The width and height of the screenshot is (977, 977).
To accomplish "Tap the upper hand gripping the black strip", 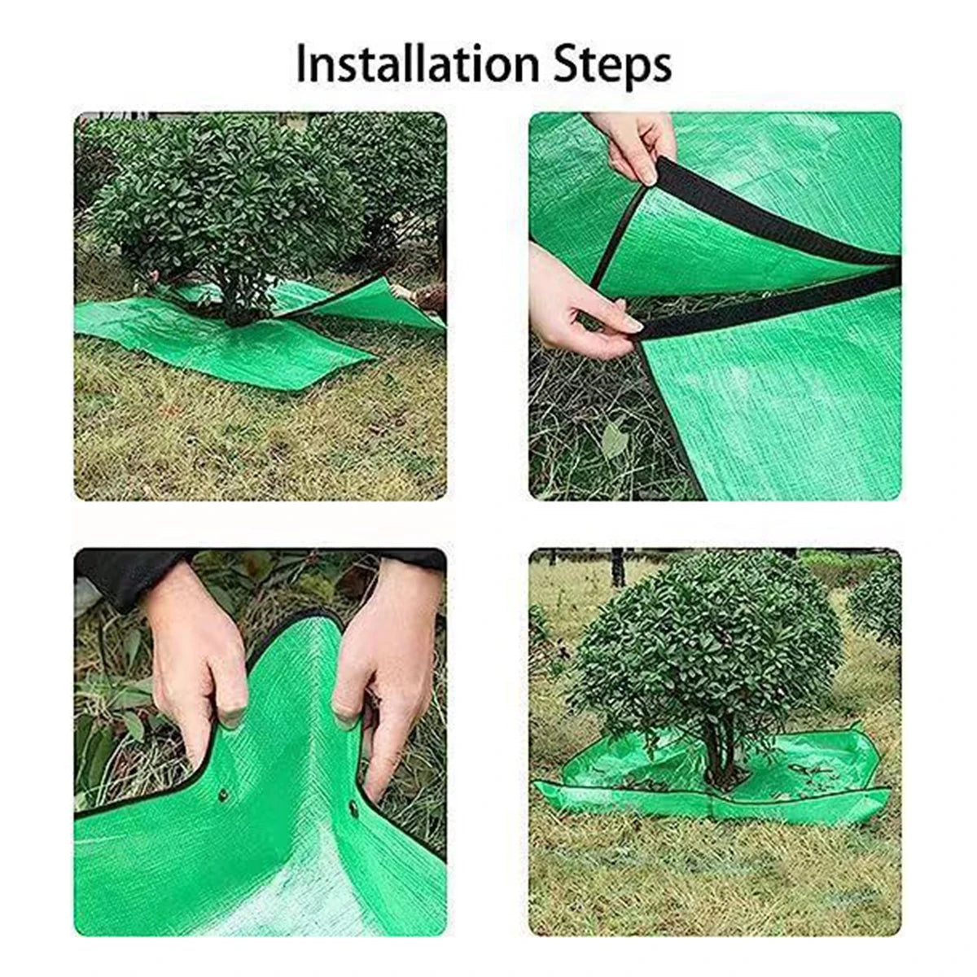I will point(639,142).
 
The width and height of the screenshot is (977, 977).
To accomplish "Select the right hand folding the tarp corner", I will point(379,651).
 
